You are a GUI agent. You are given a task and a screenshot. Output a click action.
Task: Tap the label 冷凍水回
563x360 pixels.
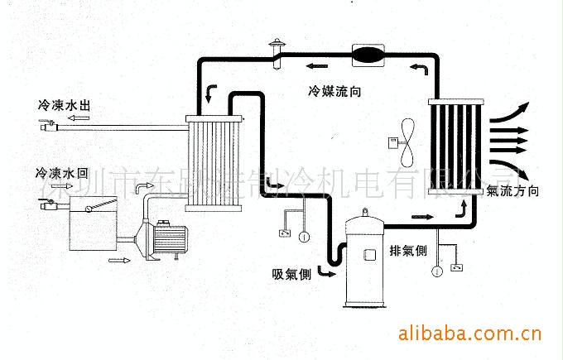pos(63,174)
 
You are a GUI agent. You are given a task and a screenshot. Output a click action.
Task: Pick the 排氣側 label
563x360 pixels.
pos(409,251)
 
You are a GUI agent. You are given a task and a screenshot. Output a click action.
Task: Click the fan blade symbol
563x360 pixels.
pos(407,143)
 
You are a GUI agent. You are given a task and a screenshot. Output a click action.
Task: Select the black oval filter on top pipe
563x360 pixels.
pos(368,55)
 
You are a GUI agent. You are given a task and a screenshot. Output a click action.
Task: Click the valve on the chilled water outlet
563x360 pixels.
pos(48,126)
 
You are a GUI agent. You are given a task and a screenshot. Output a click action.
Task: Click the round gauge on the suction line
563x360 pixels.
pos(304,237)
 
